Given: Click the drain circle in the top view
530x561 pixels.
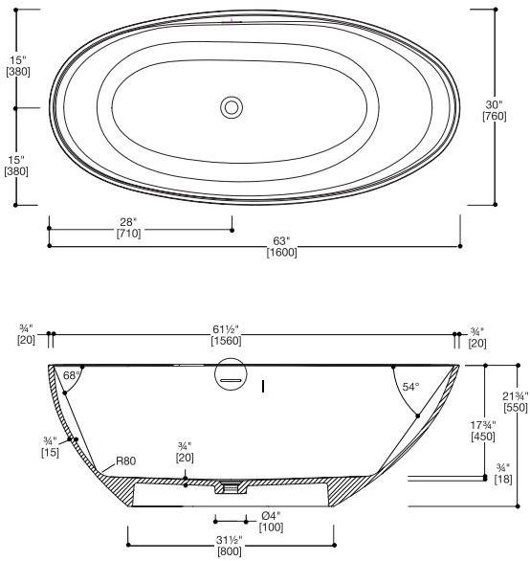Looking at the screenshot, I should [231, 107].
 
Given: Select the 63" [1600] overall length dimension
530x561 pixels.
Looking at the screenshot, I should [281, 247].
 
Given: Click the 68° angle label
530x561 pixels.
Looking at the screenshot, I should [70, 375].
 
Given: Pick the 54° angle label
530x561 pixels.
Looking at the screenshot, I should [411, 387].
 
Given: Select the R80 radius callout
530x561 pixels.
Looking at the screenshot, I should [125, 460].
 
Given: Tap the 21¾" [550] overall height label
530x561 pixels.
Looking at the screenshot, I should [515, 400].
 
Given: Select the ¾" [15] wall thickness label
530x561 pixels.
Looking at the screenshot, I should [51, 446].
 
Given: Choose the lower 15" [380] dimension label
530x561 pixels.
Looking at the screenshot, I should [16, 165].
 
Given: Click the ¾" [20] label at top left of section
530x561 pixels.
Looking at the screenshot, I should [26, 334].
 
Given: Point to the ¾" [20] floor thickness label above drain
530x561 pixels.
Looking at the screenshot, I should [185, 451].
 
